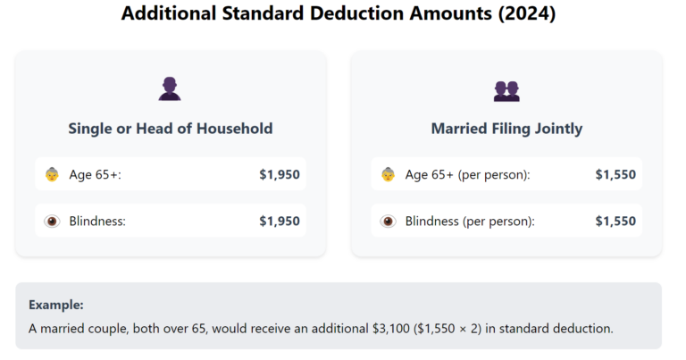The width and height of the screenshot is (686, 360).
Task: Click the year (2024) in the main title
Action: pos(529,14)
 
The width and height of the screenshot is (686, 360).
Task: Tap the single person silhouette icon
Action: pos(170,89)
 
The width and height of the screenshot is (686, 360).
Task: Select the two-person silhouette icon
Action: pos(506,90)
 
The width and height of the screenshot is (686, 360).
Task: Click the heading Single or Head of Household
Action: pos(170,129)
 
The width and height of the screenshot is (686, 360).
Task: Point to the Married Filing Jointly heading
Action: pos(506,129)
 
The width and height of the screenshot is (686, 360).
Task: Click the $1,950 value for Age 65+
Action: pos(280,175)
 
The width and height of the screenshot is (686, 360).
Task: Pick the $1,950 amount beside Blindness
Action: pos(280,222)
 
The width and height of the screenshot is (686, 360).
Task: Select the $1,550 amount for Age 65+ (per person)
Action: pos(615,175)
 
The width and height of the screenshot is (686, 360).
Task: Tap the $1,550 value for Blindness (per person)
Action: pos(615,222)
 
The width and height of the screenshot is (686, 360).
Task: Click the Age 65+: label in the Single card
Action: pos(95,175)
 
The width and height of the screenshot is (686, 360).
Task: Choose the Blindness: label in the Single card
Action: pos(97,222)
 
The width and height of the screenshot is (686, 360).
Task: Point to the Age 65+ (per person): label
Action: pos(467,175)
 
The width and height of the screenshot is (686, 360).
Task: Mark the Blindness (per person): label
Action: pos(470,222)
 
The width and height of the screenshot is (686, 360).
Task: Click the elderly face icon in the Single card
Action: pos(53,175)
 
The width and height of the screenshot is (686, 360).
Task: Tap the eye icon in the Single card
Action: pos(53,222)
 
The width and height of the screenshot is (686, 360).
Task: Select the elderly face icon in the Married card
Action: pos(389,175)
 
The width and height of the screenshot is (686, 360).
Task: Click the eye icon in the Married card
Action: pos(389,222)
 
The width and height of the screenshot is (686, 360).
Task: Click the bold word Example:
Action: pos(56,305)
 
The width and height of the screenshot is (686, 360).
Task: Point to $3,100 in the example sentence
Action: pos(390,329)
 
